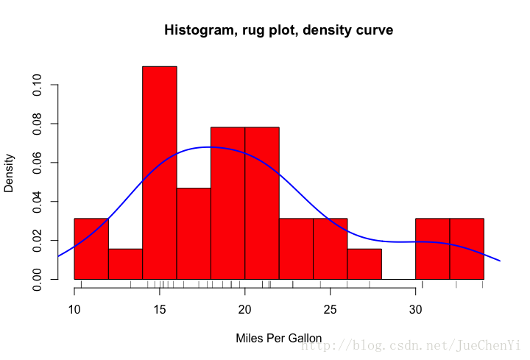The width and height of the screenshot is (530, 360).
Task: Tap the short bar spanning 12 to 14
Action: click(125, 264)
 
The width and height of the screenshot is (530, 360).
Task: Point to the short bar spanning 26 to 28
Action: click(364, 264)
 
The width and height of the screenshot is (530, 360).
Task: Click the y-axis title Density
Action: click(10, 172)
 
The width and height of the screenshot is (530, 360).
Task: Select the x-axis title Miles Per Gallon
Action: click(278, 339)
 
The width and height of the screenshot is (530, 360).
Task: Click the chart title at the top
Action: click(278, 31)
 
